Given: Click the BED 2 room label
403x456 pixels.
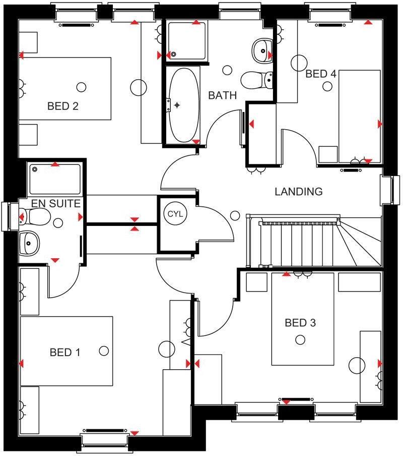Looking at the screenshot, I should pos(63,106).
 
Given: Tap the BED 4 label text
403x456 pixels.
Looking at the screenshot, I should pos(321,74).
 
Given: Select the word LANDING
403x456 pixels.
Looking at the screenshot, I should pos(298,192).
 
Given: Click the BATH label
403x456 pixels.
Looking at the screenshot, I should pos(222,95).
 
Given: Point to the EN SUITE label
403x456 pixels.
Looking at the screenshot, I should pos(55,204).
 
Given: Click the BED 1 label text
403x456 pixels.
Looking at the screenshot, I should pos(65,352).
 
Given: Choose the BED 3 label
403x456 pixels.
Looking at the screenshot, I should pos(300,323).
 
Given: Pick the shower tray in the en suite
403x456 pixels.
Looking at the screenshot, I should pos(54,179).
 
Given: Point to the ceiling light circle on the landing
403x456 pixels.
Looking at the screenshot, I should pos(235,216).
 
